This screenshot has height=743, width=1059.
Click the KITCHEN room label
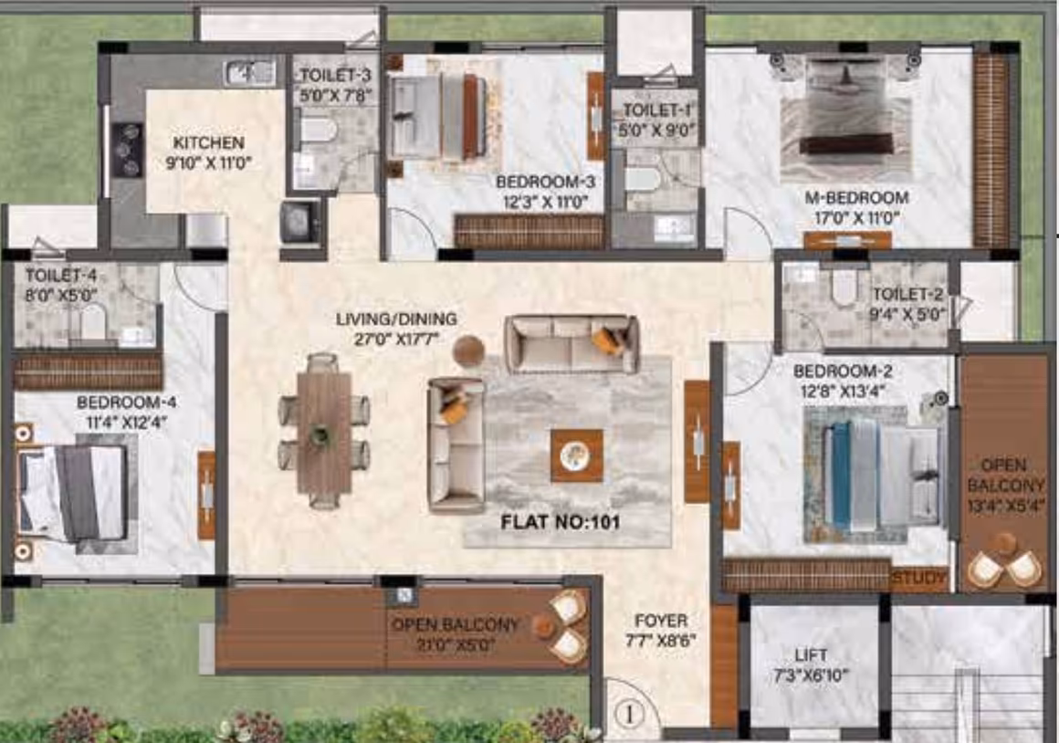click(209, 143)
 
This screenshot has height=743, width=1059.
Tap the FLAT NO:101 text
click(560, 522)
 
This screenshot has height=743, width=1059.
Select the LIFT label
click(811, 655)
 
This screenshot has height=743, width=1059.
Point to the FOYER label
click(661, 621)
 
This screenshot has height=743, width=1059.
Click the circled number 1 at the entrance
click(629, 715)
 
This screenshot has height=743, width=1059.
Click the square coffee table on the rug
click(577, 455)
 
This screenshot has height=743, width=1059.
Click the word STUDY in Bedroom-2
click(919, 578)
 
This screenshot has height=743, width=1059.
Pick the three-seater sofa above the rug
click(571, 344)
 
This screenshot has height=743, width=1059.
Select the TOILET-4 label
click(61, 276)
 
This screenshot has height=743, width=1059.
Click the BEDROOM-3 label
click(545, 182)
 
